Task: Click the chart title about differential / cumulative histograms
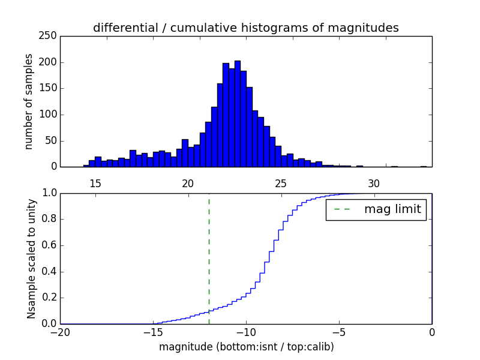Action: point(246,28)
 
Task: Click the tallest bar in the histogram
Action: point(237,114)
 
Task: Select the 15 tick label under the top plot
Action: point(95,183)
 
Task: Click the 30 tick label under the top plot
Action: point(374,183)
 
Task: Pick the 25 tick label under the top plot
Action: point(281,183)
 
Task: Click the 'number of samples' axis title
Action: point(29,101)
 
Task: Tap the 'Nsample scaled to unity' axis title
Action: point(31,259)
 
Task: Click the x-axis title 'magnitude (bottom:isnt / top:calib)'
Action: point(246,347)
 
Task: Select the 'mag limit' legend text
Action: point(392,209)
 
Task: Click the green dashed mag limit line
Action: point(209,258)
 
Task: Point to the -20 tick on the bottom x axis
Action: point(61,331)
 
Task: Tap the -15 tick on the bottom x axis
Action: point(153,331)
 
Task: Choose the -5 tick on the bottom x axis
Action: point(339,331)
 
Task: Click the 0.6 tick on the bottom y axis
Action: point(49,245)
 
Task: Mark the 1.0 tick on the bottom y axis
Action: point(49,193)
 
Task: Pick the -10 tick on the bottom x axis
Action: point(246,331)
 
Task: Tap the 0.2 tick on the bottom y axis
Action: point(49,298)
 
